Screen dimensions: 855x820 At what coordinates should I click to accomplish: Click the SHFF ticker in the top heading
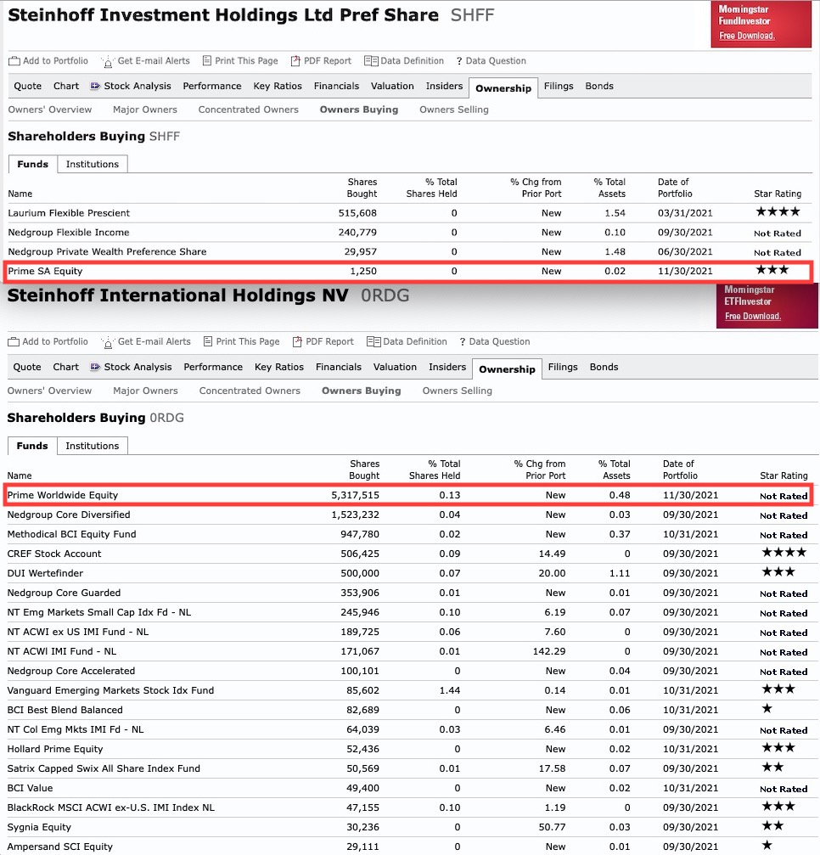472,15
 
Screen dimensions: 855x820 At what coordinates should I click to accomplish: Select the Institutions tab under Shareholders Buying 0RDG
93,445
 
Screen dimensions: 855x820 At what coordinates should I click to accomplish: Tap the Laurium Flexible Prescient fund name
69,212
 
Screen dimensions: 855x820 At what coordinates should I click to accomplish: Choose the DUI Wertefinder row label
42,573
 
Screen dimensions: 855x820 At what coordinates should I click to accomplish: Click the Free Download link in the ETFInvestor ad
753,316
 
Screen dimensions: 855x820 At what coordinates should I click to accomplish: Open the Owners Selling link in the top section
454,110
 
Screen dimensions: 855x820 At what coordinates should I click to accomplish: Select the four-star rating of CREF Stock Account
778,553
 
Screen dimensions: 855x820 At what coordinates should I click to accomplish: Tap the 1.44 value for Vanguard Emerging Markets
450,690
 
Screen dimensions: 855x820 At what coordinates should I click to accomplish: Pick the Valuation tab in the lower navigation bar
395,367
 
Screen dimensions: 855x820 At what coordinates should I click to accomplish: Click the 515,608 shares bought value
357,212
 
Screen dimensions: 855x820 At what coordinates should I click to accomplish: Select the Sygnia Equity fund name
39,827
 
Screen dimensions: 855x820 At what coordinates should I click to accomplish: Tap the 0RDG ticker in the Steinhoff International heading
385,295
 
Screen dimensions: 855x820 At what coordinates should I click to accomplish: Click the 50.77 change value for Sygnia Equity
552,827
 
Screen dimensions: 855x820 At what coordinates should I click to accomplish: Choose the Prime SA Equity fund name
45,271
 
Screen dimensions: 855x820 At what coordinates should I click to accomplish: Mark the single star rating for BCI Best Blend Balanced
767,709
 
